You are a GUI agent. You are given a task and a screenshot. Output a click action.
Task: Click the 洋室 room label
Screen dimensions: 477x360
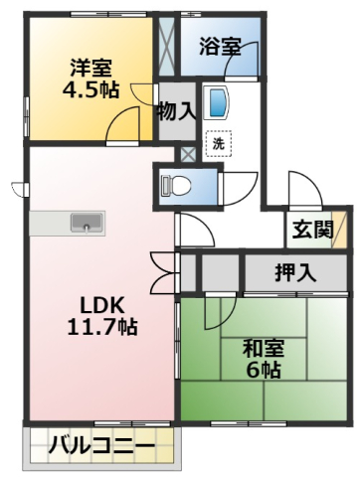pos(90,68)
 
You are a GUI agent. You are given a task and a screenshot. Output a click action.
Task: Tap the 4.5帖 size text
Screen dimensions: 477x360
pos(90,89)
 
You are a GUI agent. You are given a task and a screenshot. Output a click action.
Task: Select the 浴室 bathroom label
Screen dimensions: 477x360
pos(219,45)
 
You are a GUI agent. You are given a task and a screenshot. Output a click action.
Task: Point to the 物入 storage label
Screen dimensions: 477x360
pos(176,110)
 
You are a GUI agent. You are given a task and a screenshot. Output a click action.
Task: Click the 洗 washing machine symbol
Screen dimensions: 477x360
pos(218,142)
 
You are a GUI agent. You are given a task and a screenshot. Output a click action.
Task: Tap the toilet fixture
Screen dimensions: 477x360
pos(177,185)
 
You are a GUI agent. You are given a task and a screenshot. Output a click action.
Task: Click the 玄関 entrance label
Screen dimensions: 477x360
pos(311,231)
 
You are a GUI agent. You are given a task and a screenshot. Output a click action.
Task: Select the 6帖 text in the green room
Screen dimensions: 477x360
pos(265,372)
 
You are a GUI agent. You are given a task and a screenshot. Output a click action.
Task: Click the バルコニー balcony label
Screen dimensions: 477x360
pos(101,446)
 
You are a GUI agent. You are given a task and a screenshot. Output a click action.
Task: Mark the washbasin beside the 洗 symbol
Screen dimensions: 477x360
pos(217,104)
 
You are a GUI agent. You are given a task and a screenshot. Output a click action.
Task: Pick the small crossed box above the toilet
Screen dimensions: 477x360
pos(187,155)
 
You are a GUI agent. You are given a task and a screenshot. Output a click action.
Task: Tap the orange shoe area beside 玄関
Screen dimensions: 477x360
pos(341,231)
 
